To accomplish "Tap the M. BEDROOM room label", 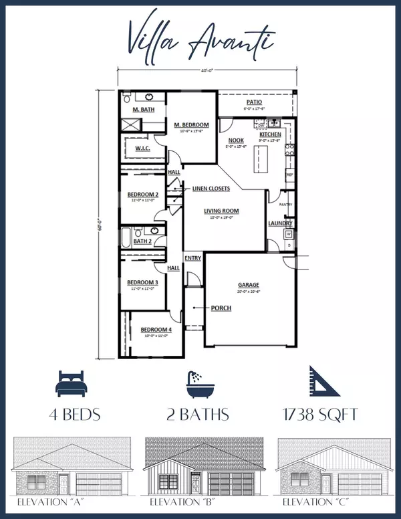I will [191, 125].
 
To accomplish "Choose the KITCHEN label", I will [270, 134].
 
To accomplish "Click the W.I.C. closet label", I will [142, 148].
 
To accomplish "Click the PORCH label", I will [221, 308].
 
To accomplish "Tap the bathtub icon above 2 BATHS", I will [200, 383].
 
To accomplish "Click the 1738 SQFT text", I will [322, 415].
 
